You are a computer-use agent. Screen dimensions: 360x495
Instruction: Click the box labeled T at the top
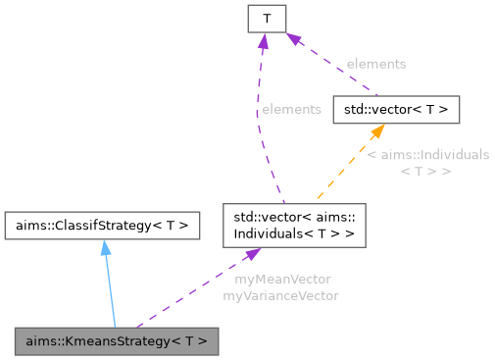click(x=266, y=18)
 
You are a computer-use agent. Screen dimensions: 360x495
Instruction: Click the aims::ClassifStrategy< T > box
click(x=102, y=226)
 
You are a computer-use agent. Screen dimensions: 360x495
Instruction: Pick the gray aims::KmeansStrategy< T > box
click(x=116, y=341)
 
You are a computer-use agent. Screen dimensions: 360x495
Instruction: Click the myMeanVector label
click(x=282, y=280)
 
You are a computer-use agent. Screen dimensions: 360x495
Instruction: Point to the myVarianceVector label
click(x=280, y=295)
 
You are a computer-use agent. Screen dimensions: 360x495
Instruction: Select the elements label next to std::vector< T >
click(x=375, y=64)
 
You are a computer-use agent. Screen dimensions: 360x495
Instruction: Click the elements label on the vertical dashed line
click(x=290, y=109)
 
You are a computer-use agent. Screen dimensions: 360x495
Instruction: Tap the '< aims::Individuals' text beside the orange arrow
click(x=427, y=155)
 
